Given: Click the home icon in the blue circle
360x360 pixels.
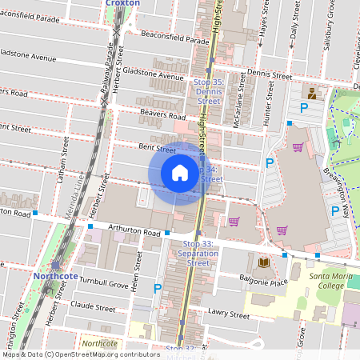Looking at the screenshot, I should pyautogui.click(x=180, y=173).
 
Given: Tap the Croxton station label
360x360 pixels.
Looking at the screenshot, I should pyautogui.click(x=122, y=3).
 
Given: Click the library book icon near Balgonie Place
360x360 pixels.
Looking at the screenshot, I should pyautogui.click(x=263, y=262).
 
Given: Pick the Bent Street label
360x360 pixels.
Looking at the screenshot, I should pyautogui.click(x=157, y=149).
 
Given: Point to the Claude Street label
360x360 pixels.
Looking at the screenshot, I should pyautogui.click(x=93, y=306).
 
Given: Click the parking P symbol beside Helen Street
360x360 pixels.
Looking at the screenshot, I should pyautogui.click(x=158, y=288).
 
